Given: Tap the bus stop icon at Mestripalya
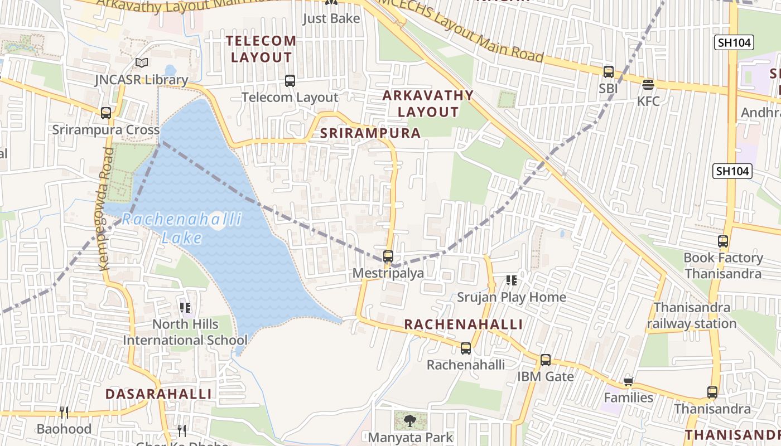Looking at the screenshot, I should click(388, 256).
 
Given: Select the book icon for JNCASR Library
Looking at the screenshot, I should click(142, 62).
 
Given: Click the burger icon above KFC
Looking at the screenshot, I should click(648, 85).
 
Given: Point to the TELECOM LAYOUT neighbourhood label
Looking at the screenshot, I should click(262, 49).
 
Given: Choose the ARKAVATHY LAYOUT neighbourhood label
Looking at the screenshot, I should click(428, 104).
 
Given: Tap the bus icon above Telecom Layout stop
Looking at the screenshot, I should click(290, 81).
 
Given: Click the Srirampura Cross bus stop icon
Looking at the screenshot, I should click(106, 113).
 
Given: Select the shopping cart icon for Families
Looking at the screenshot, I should click(629, 381).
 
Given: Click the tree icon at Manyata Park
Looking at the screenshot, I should click(411, 420).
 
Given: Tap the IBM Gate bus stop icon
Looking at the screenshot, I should click(546, 360).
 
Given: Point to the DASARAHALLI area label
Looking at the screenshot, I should click(159, 394).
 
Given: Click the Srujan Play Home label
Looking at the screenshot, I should click(512, 297).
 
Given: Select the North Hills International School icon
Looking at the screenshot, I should click(186, 307).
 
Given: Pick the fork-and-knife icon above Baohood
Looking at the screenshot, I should click(64, 413).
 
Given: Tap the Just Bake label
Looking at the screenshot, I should click(331, 18).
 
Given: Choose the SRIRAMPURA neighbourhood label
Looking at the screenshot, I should click(370, 133).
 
